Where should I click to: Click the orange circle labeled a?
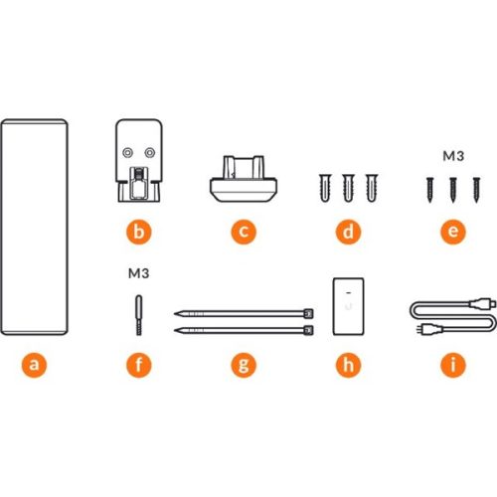[x=34, y=365]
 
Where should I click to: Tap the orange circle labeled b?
[x=139, y=232]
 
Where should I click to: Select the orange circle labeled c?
[x=244, y=232]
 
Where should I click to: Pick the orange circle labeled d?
[x=348, y=232]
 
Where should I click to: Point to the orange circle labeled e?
[x=453, y=232]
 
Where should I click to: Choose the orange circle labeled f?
[x=139, y=365]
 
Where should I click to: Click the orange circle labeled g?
[x=244, y=365]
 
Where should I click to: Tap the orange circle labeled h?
[x=348, y=365]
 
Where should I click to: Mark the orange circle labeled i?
[x=453, y=365]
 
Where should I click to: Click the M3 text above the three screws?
[x=453, y=156]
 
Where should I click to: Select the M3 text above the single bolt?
[x=138, y=273]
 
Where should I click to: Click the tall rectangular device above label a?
[x=34, y=227]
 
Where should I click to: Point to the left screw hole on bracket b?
[x=127, y=153]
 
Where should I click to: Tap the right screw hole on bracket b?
[x=150, y=153]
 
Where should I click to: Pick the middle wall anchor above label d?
[x=348, y=188]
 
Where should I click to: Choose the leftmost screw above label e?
[x=429, y=190]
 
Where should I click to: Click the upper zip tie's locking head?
[x=308, y=313]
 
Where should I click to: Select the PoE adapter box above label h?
[x=348, y=306]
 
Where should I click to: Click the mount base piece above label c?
[x=244, y=179]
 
